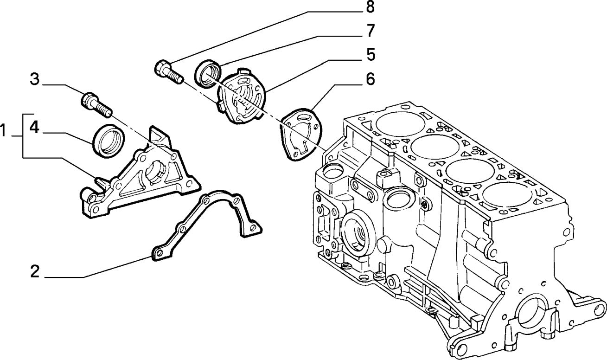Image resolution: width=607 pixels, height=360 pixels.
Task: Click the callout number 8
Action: click(x=370, y=8)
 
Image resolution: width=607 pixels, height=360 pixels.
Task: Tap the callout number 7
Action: click(x=370, y=32)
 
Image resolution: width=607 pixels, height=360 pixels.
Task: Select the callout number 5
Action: click(x=370, y=55)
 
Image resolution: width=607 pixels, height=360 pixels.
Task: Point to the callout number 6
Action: click(x=370, y=79)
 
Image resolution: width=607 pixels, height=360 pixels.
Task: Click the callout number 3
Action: click(x=35, y=79)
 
